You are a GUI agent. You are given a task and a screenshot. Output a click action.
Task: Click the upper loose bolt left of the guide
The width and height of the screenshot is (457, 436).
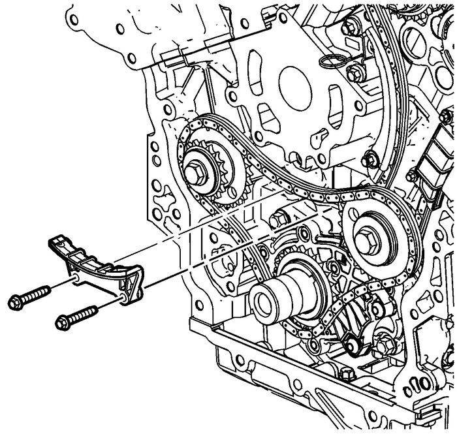30,295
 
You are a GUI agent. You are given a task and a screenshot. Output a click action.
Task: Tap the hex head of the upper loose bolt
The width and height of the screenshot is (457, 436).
17,301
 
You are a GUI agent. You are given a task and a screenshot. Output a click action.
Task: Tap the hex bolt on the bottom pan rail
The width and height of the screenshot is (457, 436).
346,376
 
